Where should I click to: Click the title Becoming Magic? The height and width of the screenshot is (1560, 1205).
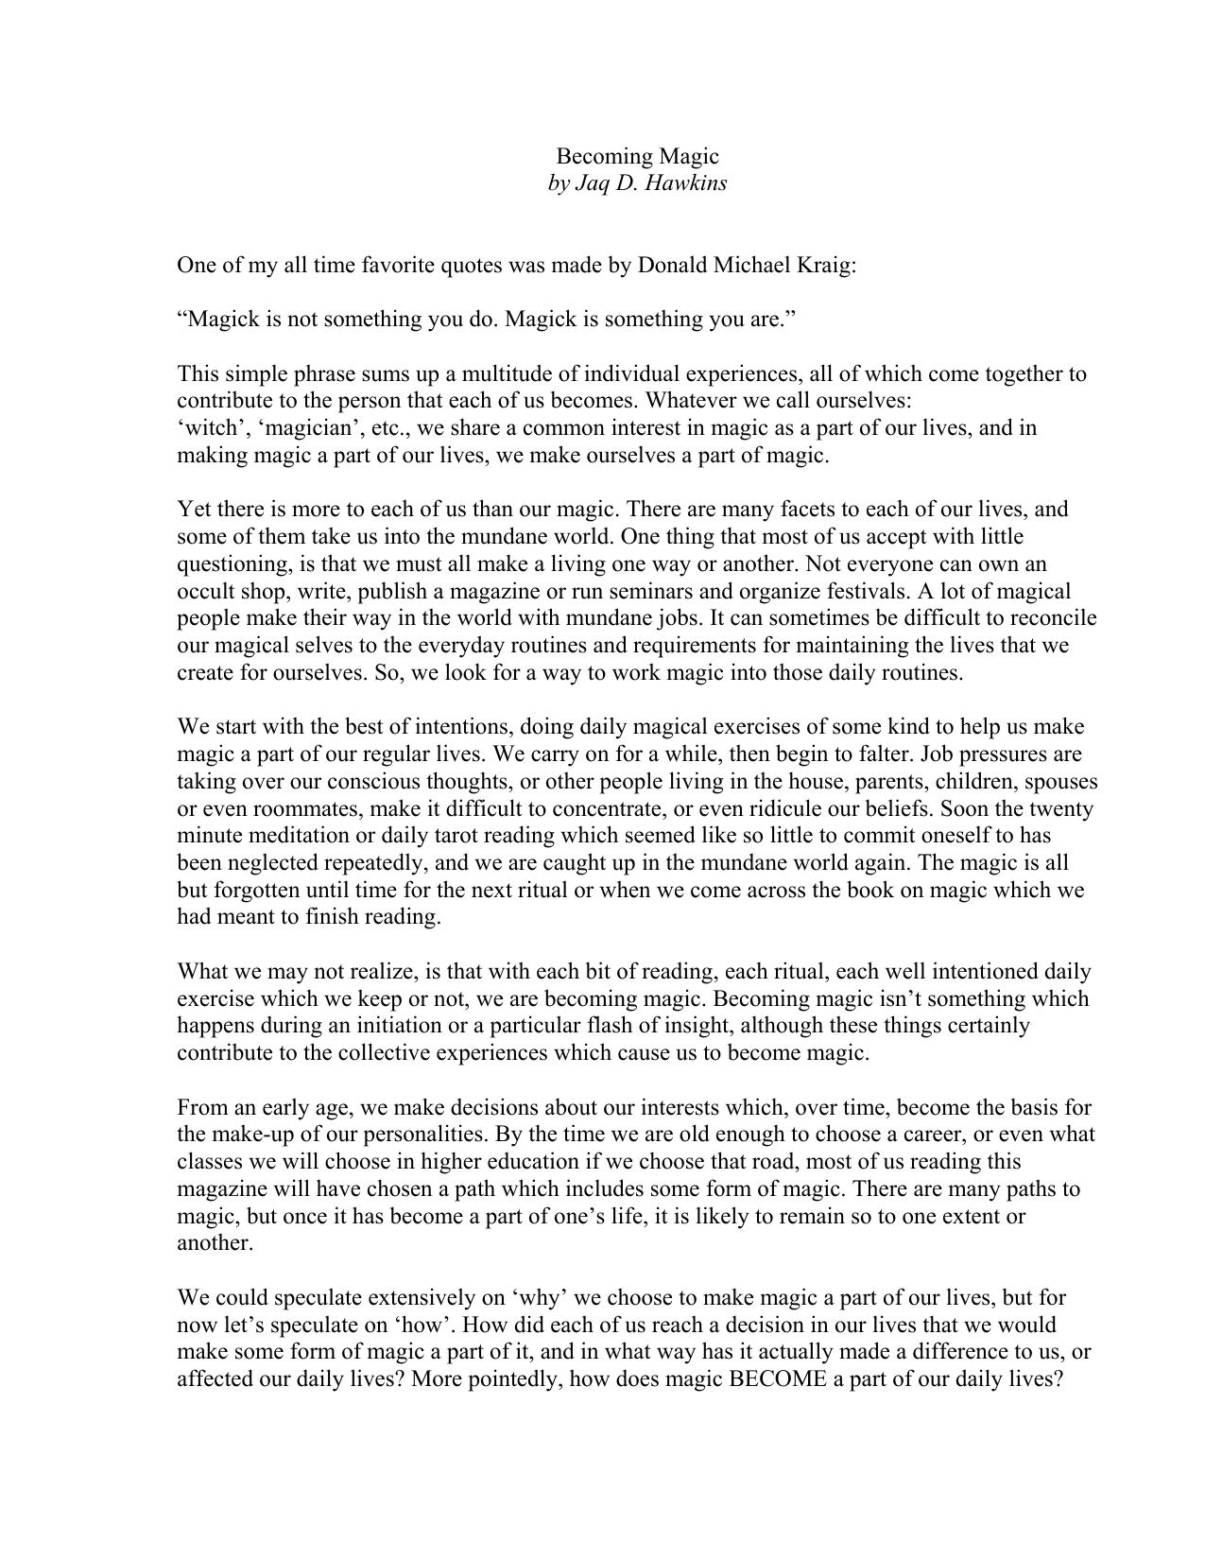(637, 156)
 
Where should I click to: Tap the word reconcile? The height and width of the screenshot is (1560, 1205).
(1054, 618)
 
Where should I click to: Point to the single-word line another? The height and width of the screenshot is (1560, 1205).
(215, 1243)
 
